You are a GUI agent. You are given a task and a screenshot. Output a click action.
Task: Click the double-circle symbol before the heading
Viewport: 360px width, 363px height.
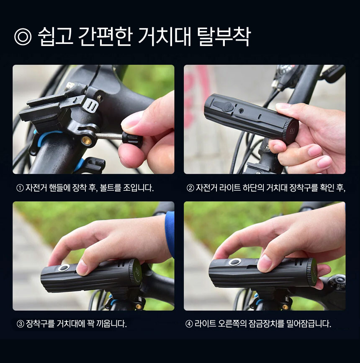tap(23, 36)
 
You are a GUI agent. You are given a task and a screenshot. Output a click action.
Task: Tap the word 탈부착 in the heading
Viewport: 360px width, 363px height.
tap(224, 36)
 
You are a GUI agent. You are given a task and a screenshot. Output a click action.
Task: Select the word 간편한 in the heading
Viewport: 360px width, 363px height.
tap(105, 36)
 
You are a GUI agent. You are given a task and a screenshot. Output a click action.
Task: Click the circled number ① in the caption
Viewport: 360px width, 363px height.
tap(20, 188)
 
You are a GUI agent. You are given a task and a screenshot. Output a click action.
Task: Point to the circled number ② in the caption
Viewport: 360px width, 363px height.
tap(190, 188)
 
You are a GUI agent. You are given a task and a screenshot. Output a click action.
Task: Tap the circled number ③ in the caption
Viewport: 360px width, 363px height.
tap(21, 324)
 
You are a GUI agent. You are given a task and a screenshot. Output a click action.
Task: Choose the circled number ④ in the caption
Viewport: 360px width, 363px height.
tap(189, 324)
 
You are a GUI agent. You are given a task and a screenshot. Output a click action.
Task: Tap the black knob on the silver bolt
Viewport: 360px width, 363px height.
tap(132, 139)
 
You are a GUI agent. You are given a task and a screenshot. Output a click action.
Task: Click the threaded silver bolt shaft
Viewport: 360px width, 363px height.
tap(109, 136)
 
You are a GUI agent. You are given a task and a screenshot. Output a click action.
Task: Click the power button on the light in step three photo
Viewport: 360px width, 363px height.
tap(64, 268)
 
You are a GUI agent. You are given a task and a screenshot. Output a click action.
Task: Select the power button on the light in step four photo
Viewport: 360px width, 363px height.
tap(235, 262)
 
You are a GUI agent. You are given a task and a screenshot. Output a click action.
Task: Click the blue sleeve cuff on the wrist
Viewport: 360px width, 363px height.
tap(170, 234)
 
